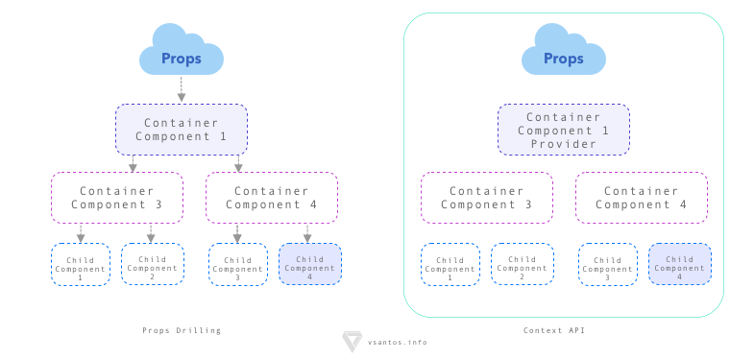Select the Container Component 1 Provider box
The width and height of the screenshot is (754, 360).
click(x=564, y=130)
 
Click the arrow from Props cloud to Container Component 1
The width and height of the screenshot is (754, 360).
click(x=182, y=89)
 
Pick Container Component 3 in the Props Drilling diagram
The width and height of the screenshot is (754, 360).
click(x=117, y=198)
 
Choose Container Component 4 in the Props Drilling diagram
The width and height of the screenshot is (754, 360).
click(x=272, y=198)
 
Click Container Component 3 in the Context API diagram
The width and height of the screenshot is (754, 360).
click(x=487, y=198)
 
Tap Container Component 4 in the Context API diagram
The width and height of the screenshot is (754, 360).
click(x=642, y=198)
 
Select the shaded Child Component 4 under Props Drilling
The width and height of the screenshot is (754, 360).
click(x=310, y=264)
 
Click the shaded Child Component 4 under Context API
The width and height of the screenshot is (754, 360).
click(x=680, y=264)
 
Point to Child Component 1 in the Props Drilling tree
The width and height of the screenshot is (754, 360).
click(x=81, y=264)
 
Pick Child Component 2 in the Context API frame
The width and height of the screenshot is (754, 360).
click(x=523, y=264)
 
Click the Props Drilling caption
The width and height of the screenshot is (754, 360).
click(x=182, y=330)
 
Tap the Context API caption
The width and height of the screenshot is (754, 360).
click(x=554, y=330)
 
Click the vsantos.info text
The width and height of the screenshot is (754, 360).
click(x=398, y=342)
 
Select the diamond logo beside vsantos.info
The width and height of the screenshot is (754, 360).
click(x=352, y=341)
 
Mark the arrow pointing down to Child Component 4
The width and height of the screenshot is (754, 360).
click(x=307, y=233)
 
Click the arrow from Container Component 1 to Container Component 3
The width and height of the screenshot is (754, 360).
click(x=133, y=163)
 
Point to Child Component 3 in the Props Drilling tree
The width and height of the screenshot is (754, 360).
click(x=238, y=264)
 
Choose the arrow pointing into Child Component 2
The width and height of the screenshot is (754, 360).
click(x=151, y=233)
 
